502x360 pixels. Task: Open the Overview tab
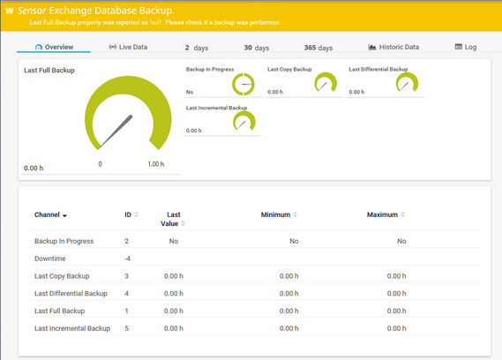(54, 47)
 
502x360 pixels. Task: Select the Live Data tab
(128, 47)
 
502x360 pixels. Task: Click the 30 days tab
(261, 48)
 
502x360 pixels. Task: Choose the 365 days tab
(318, 48)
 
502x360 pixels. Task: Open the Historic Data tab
(393, 47)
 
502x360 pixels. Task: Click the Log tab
(465, 47)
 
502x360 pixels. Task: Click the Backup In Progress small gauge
(243, 85)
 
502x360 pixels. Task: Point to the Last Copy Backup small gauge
(325, 84)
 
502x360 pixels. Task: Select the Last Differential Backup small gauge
(407, 84)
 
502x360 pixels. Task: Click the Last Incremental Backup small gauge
(244, 124)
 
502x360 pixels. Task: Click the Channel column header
(50, 215)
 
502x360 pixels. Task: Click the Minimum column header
(279, 214)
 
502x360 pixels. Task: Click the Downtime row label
(50, 259)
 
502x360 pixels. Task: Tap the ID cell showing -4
(128, 259)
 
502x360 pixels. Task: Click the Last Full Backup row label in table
(59, 311)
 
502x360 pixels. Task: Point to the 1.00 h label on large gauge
(155, 164)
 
